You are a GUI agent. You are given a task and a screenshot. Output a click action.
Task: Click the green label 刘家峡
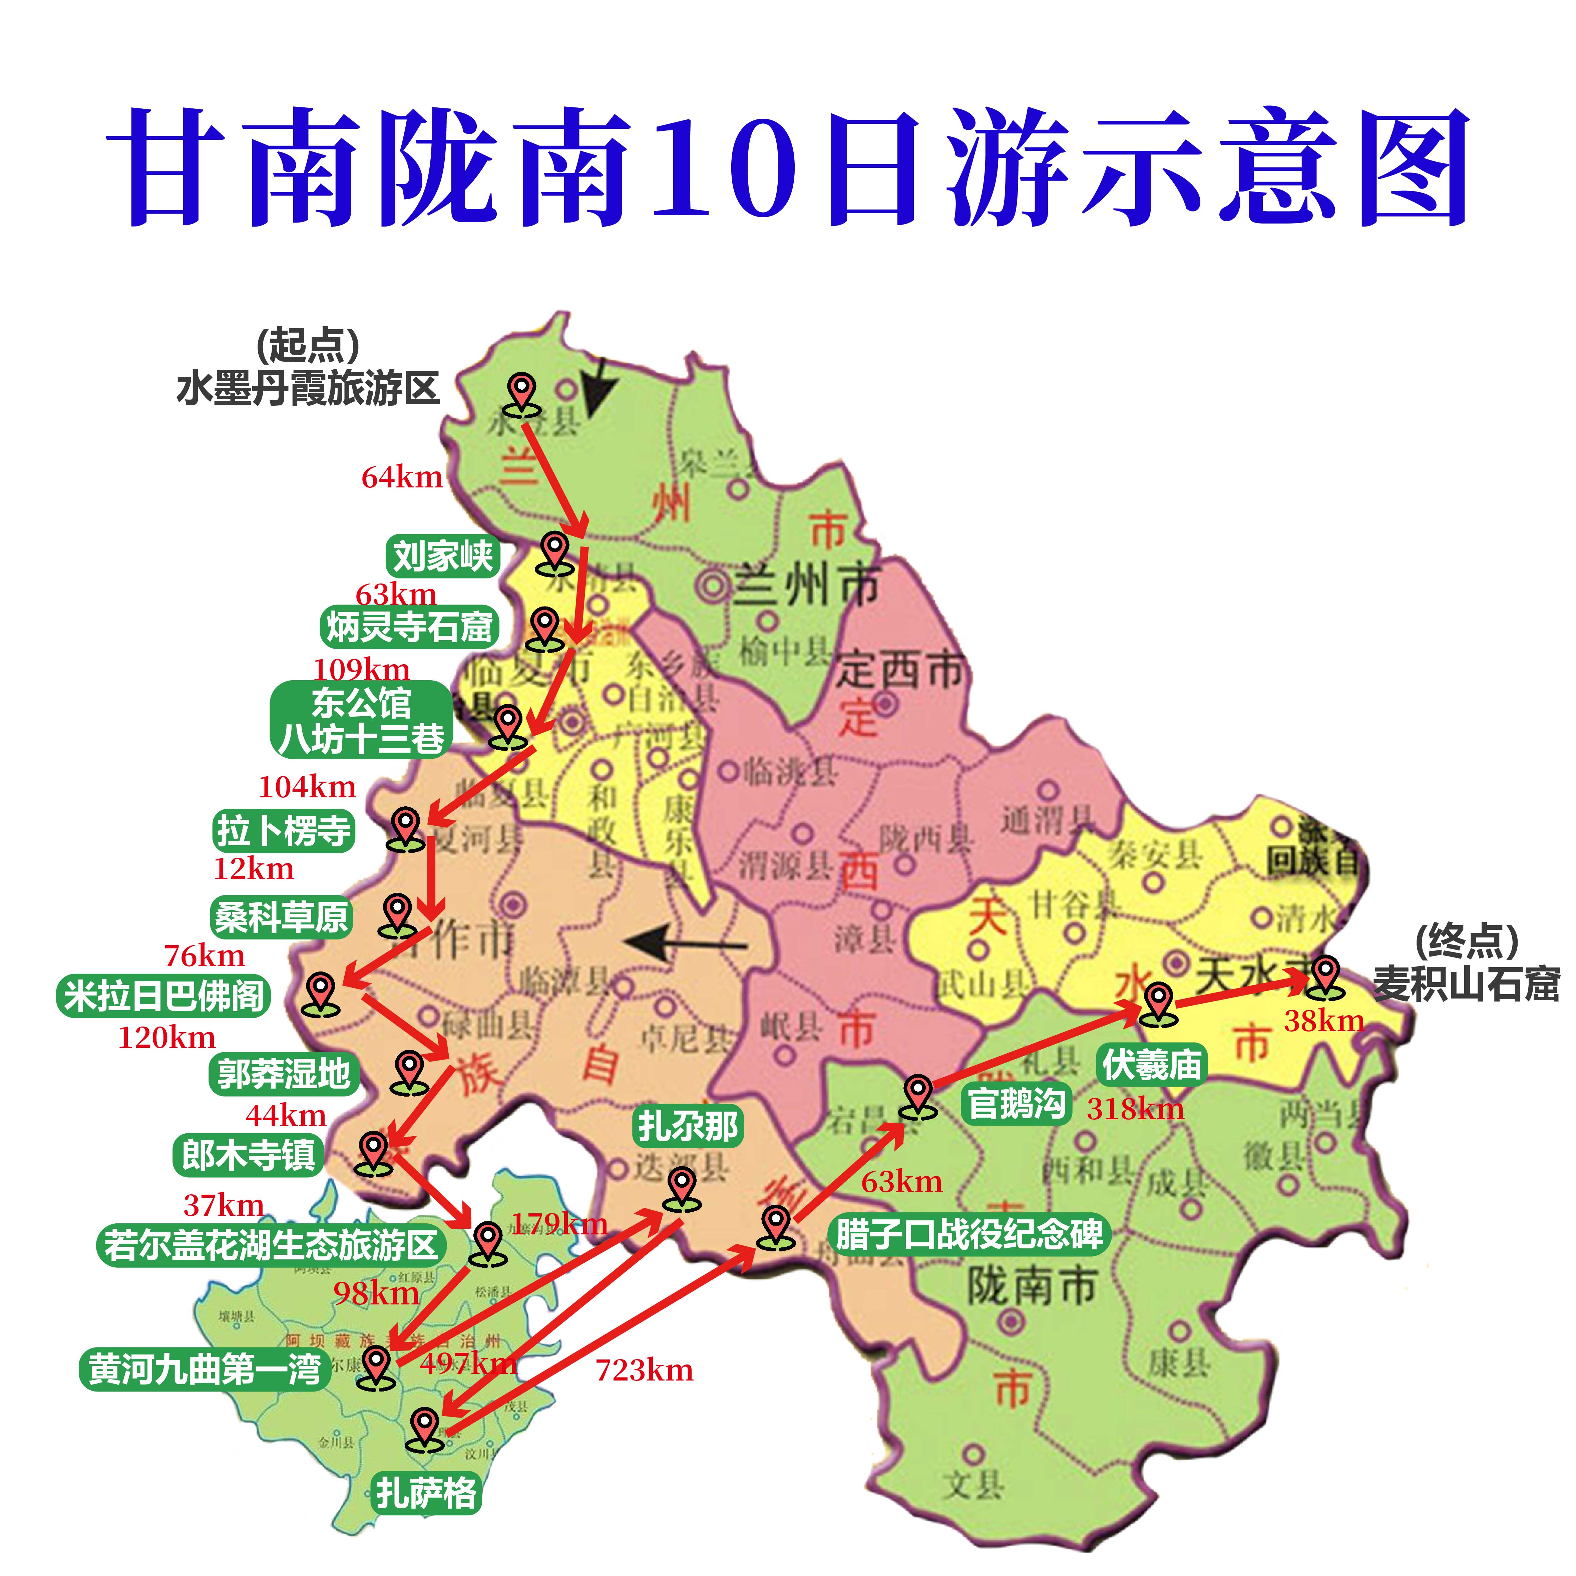[x=442, y=557]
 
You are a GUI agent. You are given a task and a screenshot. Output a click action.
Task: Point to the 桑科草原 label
[x=281, y=917]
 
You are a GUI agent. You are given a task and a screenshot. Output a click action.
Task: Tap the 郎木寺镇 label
[x=248, y=1155]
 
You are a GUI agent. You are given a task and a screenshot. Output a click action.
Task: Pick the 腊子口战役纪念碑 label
[x=969, y=1234]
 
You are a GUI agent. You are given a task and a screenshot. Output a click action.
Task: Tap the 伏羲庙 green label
[x=1152, y=1065]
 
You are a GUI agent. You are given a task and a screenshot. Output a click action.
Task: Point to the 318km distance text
[x=1135, y=1109]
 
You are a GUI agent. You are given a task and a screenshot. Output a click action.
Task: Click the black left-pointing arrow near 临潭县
[x=685, y=944]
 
